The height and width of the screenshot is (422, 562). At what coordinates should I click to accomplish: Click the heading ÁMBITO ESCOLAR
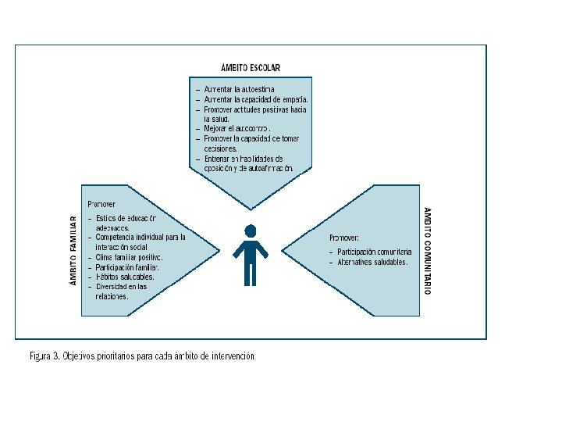(x=251, y=68)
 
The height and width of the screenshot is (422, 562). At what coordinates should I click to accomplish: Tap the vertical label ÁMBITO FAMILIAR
(x=73, y=250)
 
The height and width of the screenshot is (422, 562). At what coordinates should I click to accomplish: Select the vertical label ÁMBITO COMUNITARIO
(x=427, y=250)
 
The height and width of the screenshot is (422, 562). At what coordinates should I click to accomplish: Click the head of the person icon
(x=251, y=231)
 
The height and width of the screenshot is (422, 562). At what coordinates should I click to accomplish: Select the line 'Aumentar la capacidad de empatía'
(x=256, y=100)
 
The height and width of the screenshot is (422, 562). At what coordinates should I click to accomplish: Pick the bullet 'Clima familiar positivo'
(x=129, y=257)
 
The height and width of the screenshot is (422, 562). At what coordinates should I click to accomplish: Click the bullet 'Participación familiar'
(x=129, y=267)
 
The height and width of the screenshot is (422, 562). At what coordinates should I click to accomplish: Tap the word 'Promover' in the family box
(x=101, y=204)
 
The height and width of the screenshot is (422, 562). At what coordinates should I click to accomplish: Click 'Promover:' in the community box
(x=344, y=238)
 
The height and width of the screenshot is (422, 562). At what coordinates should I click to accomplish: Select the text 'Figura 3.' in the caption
(x=44, y=356)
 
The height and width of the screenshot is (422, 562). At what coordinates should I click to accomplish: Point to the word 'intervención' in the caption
(x=233, y=356)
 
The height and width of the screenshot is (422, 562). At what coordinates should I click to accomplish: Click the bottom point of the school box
(x=251, y=208)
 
